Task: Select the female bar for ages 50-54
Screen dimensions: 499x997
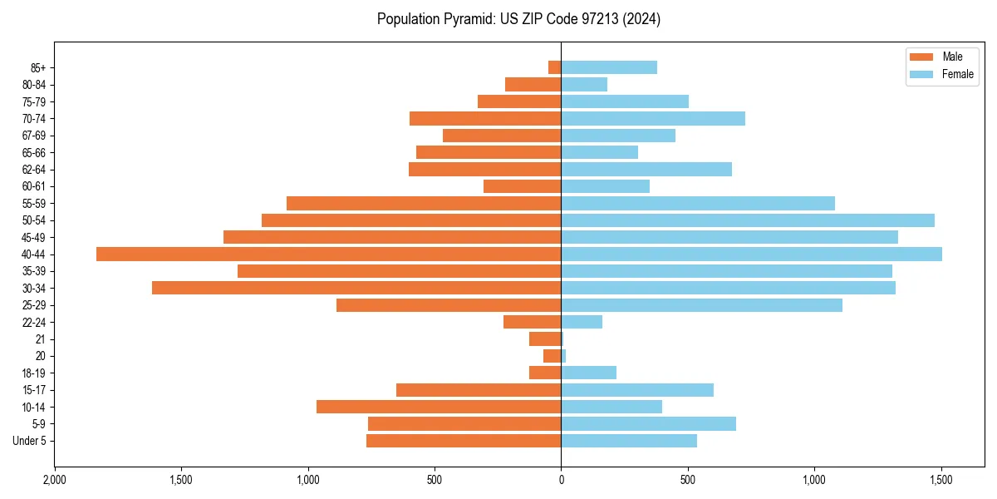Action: pyautogui.click(x=748, y=220)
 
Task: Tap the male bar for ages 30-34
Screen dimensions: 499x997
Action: pyautogui.click(x=356, y=288)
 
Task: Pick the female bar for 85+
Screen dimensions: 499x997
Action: pyautogui.click(x=609, y=67)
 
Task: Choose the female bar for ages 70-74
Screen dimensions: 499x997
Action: pyautogui.click(x=653, y=118)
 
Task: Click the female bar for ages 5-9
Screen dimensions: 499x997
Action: pyautogui.click(x=649, y=424)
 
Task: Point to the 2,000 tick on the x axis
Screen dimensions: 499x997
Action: pyautogui.click(x=55, y=481)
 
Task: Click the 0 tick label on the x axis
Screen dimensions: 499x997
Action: pyautogui.click(x=561, y=481)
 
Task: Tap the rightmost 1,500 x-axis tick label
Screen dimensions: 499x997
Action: pyautogui.click(x=941, y=481)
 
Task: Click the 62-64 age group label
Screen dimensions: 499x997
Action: pyautogui.click(x=33, y=170)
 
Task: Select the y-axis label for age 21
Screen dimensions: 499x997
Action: pyautogui.click(x=40, y=339)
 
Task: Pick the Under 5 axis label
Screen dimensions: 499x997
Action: pyautogui.click(x=29, y=441)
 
